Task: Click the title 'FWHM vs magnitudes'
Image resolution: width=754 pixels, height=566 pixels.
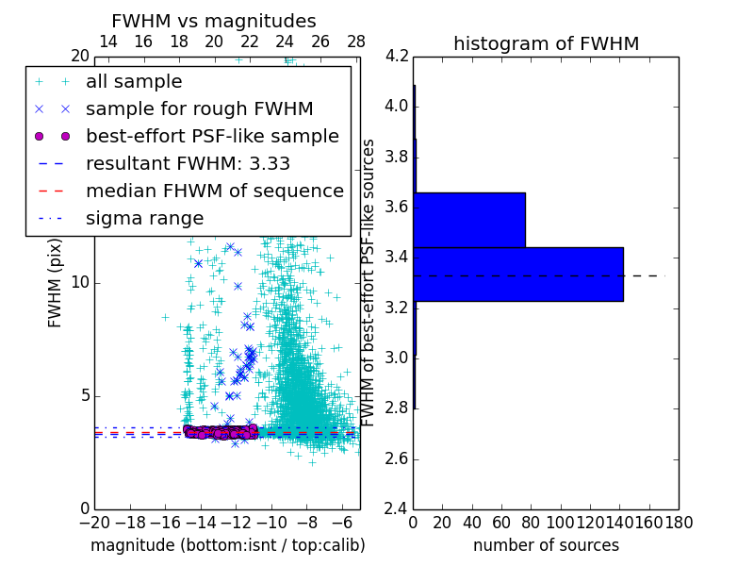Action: click(214, 21)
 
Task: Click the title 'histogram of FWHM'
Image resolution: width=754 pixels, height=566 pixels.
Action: click(546, 43)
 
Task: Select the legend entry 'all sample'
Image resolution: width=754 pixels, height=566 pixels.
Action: click(134, 82)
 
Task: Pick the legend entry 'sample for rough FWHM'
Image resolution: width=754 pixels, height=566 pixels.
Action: click(199, 108)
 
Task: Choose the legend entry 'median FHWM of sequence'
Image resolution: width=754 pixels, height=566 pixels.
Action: click(214, 191)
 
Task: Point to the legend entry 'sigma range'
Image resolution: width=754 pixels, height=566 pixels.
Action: click(144, 218)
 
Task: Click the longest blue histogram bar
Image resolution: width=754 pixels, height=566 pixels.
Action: click(518, 274)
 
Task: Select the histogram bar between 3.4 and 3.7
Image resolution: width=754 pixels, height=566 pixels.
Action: click(469, 220)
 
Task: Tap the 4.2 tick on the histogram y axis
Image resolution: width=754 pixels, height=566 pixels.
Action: click(397, 56)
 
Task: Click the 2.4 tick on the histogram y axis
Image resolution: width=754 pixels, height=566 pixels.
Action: click(397, 509)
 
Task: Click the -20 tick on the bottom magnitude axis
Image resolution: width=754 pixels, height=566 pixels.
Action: click(94, 522)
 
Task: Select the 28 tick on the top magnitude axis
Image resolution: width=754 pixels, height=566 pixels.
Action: click(356, 42)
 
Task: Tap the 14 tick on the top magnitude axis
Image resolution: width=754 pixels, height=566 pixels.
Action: click(108, 42)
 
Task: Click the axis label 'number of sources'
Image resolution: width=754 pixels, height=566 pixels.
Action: click(546, 545)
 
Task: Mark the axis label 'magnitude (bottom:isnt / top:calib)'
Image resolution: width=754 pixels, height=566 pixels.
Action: click(227, 545)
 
